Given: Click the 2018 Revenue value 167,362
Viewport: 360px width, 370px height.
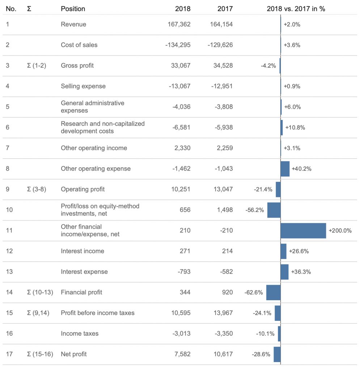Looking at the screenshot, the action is [x=179, y=24].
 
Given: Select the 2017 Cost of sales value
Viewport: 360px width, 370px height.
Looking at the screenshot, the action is [x=220, y=45].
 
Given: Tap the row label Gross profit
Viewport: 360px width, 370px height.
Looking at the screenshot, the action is [x=77, y=65].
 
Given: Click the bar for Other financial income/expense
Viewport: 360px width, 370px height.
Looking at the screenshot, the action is [x=303, y=231].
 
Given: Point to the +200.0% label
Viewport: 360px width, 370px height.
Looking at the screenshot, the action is [x=340, y=231].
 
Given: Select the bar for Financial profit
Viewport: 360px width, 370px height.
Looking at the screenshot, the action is [x=274, y=292].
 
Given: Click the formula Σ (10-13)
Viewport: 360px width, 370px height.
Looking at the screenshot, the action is [x=40, y=292].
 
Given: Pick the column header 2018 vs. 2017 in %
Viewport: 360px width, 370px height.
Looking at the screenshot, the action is [x=296, y=9].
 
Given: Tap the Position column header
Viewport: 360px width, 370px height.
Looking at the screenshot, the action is [x=73, y=9].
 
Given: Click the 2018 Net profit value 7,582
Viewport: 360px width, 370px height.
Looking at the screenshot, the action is [x=182, y=354].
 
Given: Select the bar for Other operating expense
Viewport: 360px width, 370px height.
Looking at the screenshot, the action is [x=285, y=169].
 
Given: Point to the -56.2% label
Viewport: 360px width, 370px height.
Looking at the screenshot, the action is [x=255, y=210].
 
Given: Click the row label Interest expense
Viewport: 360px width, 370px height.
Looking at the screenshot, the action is [x=84, y=272].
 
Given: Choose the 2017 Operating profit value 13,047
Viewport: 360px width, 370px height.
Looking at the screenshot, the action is [x=223, y=189].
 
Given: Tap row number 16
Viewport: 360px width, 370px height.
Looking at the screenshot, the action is [x=9, y=334].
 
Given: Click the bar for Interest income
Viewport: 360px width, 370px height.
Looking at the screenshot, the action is [x=283, y=251].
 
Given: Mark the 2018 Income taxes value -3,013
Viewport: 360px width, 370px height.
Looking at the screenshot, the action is [x=181, y=334].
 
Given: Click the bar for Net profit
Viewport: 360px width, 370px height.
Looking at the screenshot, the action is [x=277, y=354].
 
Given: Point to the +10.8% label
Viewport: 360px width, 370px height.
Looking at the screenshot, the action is [x=295, y=128].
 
